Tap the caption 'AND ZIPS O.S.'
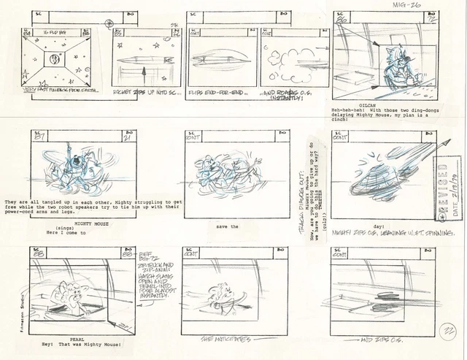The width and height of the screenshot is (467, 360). [379, 341]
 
